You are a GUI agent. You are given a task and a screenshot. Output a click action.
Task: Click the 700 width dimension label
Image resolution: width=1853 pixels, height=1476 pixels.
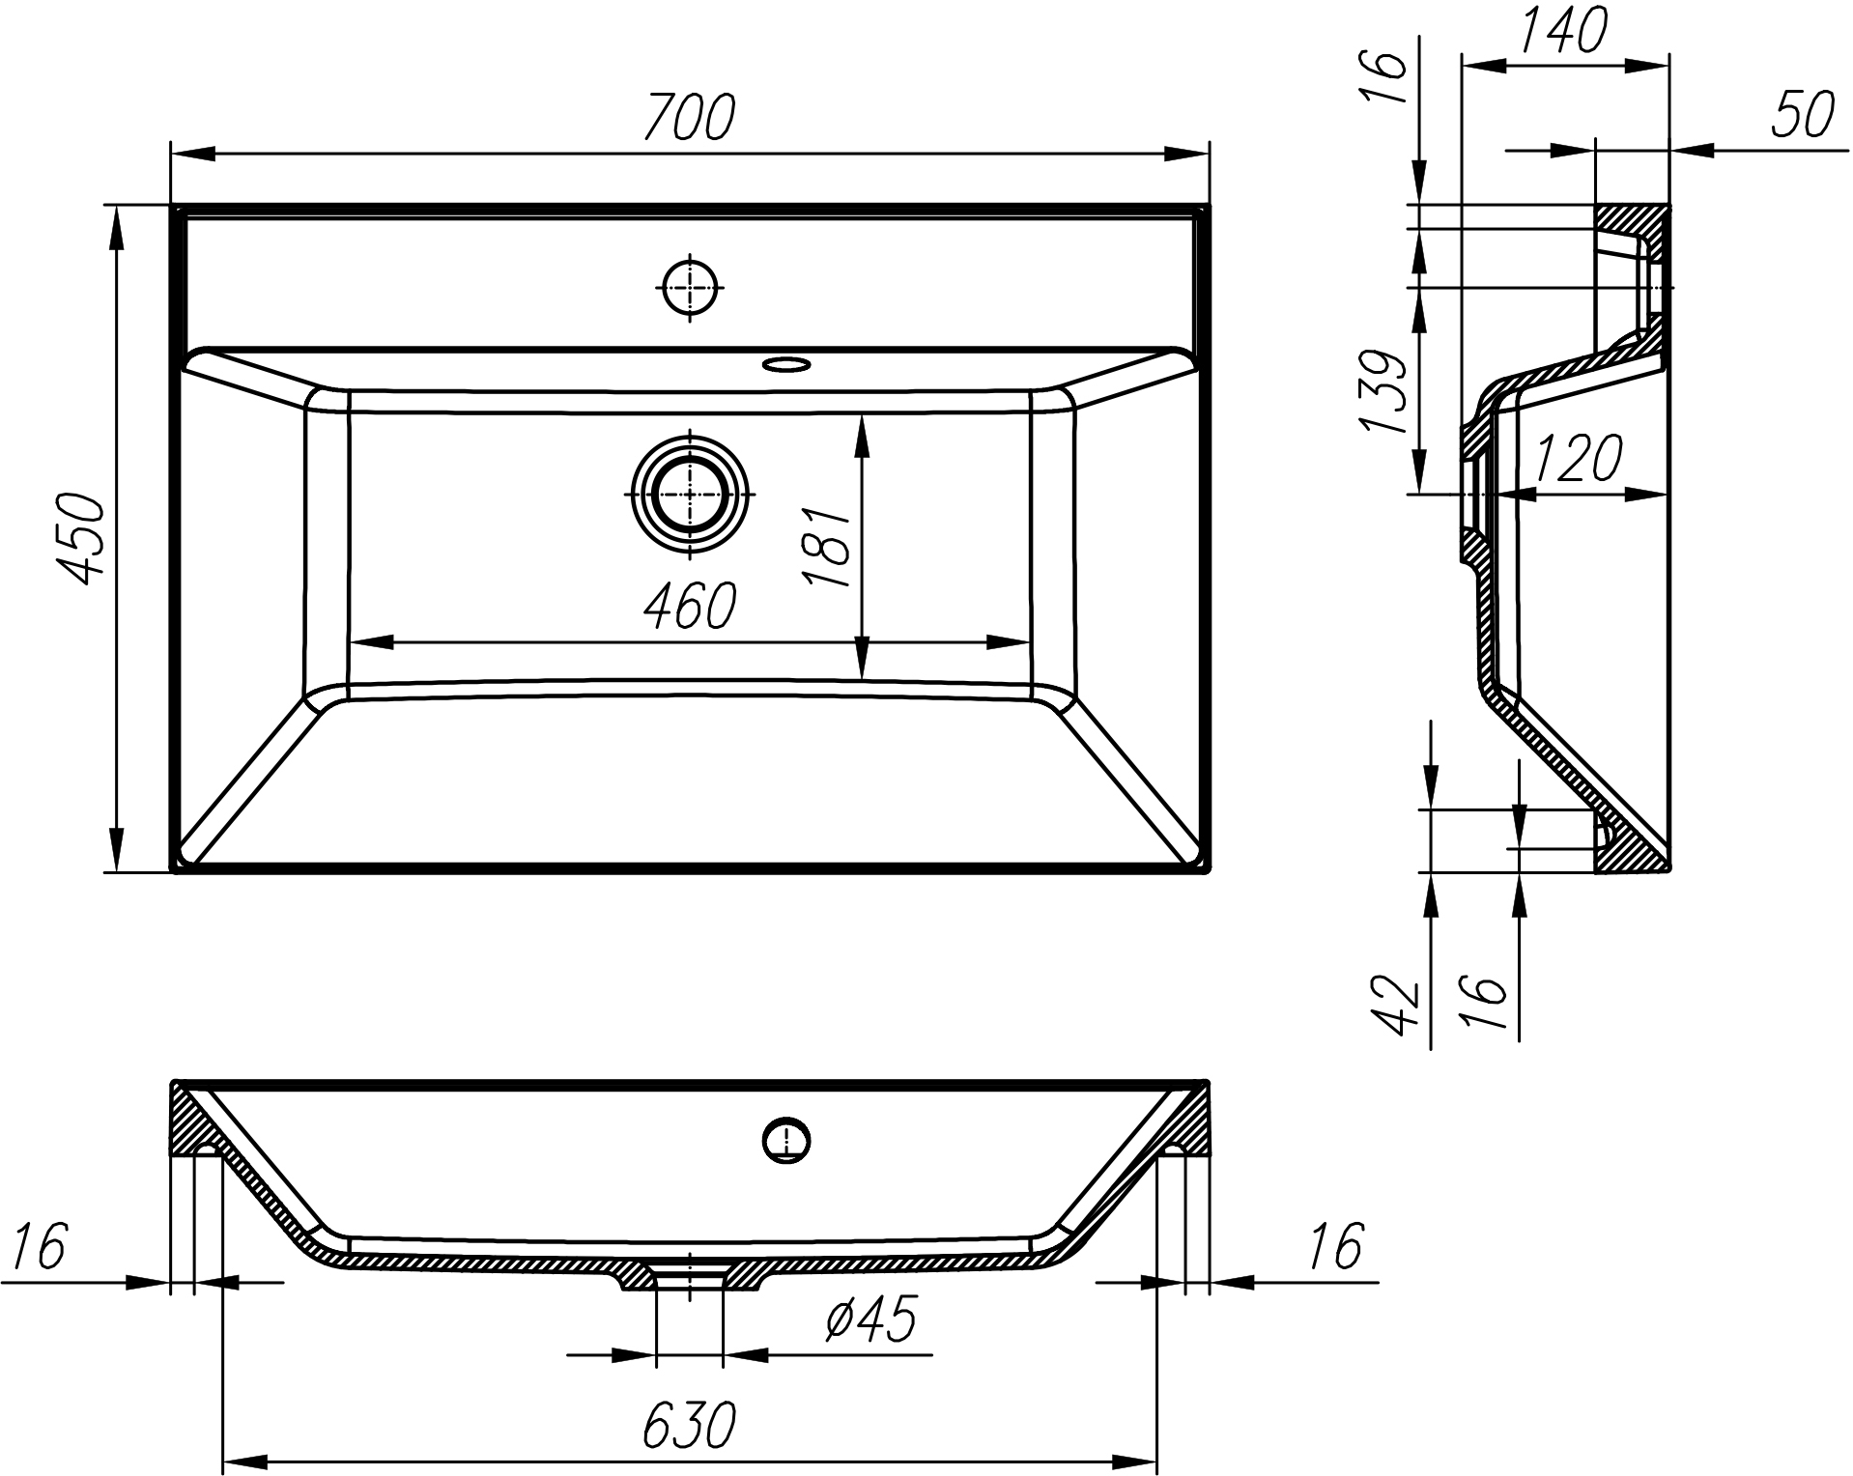click(x=690, y=117)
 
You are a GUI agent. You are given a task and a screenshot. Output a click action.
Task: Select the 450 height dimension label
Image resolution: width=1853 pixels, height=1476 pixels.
click(x=78, y=538)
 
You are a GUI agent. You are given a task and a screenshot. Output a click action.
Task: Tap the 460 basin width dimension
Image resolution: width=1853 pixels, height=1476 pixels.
click(x=690, y=607)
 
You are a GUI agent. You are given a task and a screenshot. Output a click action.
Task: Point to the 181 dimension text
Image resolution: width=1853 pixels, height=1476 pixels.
click(x=826, y=547)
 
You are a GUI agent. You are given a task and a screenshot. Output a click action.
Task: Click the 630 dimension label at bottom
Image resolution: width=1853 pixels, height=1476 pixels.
click(x=690, y=1425)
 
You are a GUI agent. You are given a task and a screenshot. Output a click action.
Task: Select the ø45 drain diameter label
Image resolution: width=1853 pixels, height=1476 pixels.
click(x=869, y=1319)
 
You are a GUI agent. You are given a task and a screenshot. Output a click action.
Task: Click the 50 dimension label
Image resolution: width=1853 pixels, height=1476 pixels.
click(x=1803, y=116)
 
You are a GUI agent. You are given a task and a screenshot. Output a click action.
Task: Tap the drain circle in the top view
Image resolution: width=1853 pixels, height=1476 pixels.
click(x=690, y=494)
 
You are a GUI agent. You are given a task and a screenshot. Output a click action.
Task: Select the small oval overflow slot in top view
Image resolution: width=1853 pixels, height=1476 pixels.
click(x=785, y=364)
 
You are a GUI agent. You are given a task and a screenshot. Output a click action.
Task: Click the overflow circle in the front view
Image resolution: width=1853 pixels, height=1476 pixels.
click(x=786, y=1141)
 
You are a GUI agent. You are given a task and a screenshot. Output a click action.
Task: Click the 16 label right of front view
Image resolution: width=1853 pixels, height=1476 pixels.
click(x=1334, y=1246)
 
